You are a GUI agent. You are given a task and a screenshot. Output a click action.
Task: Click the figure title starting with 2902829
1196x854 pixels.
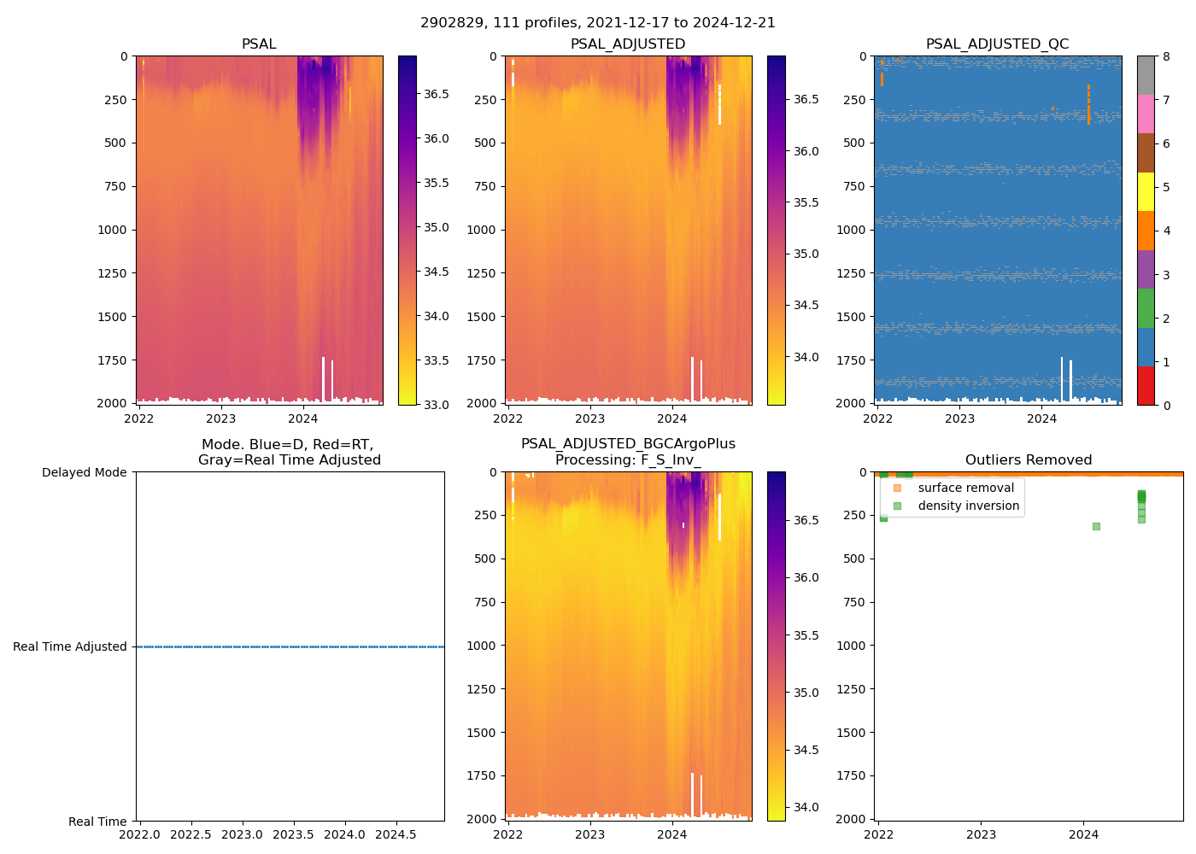coord(597,23)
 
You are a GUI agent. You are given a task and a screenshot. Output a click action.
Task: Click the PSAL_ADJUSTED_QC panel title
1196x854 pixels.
coord(997,44)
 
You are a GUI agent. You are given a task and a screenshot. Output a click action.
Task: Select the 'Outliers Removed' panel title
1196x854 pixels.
coord(1028,460)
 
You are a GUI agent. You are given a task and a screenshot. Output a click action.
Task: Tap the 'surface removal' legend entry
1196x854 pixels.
coord(965,488)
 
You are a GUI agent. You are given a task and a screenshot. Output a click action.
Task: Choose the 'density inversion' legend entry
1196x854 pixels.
coord(968,506)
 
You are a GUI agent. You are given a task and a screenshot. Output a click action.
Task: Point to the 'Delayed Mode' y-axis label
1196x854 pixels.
coord(84,472)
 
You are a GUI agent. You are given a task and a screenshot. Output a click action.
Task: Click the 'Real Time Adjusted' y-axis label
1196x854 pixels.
coord(70,646)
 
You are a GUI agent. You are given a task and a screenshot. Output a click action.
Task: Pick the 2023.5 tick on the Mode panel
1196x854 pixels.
coord(293,834)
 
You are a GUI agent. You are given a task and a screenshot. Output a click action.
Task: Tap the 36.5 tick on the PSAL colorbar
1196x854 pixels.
coord(437,94)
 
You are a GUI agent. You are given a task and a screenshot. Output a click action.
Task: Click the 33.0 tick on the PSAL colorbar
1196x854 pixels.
coord(437,404)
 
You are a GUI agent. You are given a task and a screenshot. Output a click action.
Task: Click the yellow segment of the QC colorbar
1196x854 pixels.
coord(1146,192)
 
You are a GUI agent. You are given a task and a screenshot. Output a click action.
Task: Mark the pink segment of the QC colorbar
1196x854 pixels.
coord(1146,114)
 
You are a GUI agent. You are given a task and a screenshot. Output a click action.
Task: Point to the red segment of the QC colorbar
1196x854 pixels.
coord(1146,386)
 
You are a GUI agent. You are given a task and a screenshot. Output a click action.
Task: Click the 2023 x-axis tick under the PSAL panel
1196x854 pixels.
coord(220,418)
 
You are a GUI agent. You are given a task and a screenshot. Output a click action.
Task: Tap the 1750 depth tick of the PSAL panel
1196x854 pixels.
coord(112,360)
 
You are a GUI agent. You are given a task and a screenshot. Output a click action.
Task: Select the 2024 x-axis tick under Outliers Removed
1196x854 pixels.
coord(1084,834)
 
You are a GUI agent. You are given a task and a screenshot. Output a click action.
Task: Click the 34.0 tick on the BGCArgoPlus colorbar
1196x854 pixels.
coord(807,807)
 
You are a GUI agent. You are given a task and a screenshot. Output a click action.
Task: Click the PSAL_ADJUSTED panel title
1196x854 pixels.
coord(628,44)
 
